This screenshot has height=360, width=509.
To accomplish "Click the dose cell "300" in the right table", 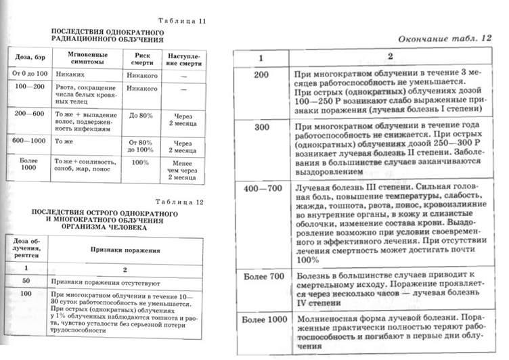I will pyautogui.click(x=261, y=127).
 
